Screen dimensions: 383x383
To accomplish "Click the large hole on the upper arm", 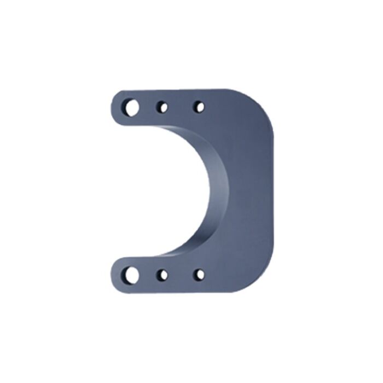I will point(131,107).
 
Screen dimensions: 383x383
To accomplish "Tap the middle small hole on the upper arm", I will point(162,107).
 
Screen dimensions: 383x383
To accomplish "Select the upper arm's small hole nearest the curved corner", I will point(199,107).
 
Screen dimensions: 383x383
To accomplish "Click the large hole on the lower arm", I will point(131,275).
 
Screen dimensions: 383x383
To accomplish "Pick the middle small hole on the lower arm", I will point(162,275).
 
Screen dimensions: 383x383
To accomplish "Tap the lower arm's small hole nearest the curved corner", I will point(199,275).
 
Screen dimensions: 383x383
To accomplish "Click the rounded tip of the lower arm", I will point(114,275).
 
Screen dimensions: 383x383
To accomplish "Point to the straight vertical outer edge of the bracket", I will point(272,191).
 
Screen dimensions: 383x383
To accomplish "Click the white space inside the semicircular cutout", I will point(164,191).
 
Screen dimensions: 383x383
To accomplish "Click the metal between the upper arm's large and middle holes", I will point(147,107).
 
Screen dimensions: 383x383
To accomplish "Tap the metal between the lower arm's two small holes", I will point(181,275).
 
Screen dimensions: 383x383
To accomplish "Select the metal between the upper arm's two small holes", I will point(181,107).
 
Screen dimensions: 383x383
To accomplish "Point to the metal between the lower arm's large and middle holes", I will point(147,275).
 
